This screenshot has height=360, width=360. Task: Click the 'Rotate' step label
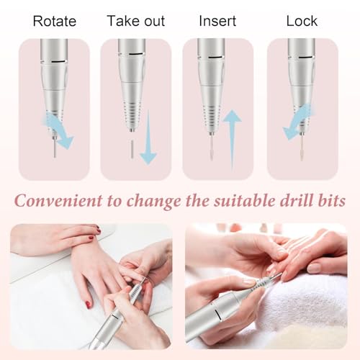point(55,21)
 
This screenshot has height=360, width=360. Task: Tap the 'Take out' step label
point(136,21)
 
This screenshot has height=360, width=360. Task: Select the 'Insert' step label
point(217,21)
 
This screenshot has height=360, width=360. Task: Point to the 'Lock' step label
point(302,21)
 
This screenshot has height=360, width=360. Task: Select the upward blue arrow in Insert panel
point(232,139)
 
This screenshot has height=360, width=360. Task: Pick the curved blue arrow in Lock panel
point(297,122)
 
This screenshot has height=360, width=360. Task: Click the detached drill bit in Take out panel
point(132,150)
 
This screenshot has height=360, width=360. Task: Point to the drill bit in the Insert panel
point(211,147)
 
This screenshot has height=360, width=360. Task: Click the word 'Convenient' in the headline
point(58,201)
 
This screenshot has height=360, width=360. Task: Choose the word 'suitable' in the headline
point(245,200)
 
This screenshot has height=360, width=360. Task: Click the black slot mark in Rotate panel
point(59,62)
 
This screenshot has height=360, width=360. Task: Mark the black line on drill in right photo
point(217,315)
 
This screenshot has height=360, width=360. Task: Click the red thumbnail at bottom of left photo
point(89,305)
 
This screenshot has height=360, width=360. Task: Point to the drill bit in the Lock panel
point(301,146)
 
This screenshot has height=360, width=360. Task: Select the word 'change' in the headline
point(154,202)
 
